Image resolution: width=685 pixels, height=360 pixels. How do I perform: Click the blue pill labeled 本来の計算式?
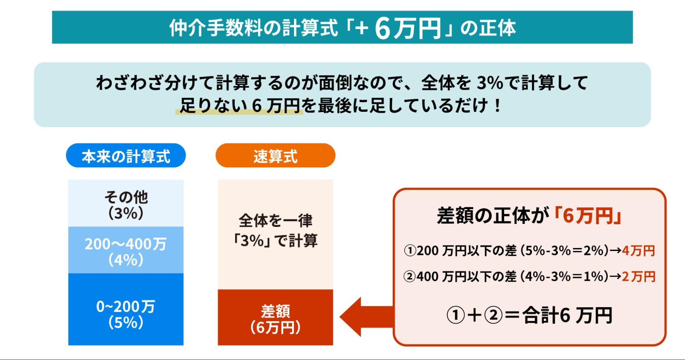[x=126, y=156]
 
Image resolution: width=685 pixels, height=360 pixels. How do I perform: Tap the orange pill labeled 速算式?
[x=275, y=156]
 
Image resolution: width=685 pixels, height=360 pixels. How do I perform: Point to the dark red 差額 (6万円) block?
[x=275, y=318]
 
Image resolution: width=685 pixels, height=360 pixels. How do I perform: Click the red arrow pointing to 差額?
[x=363, y=317]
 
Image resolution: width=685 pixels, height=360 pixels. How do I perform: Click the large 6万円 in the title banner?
[x=408, y=28]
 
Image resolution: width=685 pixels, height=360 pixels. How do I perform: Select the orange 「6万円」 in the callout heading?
[x=588, y=216]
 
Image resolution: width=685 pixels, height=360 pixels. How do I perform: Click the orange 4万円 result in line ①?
[x=638, y=251]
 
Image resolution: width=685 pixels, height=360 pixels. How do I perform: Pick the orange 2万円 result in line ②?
[x=638, y=276]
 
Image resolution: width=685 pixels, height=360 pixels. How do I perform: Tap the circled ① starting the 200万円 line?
[x=410, y=251]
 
